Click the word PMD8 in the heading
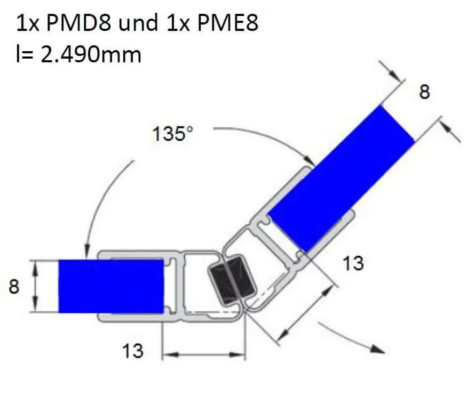78,23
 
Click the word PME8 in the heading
228,23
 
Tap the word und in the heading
138,23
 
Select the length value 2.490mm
91,55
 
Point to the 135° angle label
173,133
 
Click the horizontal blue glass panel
111,286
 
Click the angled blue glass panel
341,179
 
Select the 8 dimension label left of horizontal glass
14,287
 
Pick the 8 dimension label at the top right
424,92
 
